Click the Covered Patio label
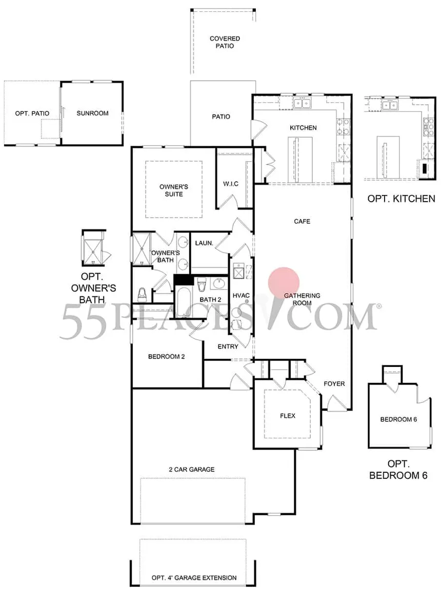pyautogui.click(x=225, y=42)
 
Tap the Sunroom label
pyautogui.click(x=92, y=113)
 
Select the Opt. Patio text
pyautogui.click(x=32, y=113)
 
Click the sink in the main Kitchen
pyautogui.click(x=302, y=103)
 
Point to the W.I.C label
pyautogui.click(x=231, y=184)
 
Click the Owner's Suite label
pyautogui.click(x=173, y=190)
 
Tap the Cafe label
pyautogui.click(x=302, y=221)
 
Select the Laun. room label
pyautogui.click(x=204, y=243)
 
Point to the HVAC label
pyautogui.click(x=241, y=295)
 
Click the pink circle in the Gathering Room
pyautogui.click(x=284, y=283)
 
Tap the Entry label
pyautogui.click(x=228, y=346)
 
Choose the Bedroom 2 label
pyautogui.click(x=166, y=356)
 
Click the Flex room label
pyautogui.click(x=288, y=416)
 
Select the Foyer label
pyautogui.click(x=334, y=383)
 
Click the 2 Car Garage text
pyautogui.click(x=191, y=469)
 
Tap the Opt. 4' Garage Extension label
pyautogui.click(x=194, y=577)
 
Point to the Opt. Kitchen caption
pyautogui.click(x=401, y=198)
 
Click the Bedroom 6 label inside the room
pyautogui.click(x=398, y=419)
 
